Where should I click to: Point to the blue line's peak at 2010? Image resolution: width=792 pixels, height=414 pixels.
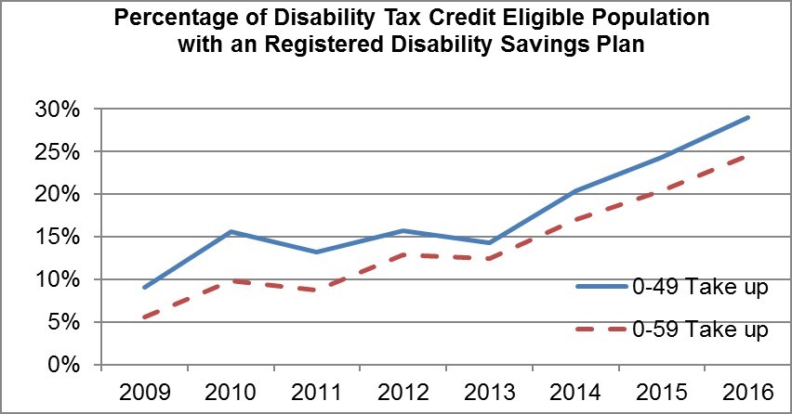(x=231, y=232)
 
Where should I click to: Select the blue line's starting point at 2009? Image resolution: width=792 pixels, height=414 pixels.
(x=144, y=288)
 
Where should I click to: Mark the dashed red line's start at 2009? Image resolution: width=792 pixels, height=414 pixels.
(x=144, y=317)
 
